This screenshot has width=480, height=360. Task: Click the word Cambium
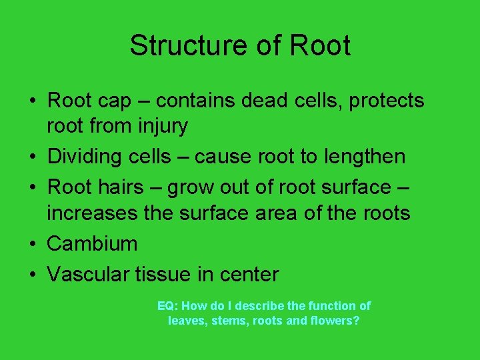point(92,243)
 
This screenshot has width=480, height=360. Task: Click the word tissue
point(163,273)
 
